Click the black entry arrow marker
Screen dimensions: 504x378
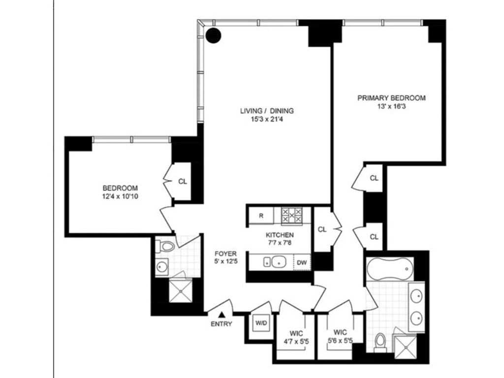coord(221,315)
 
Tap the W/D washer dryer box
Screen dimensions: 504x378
coord(261,323)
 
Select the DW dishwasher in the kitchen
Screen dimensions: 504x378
coord(302,263)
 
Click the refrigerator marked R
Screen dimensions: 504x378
coord(261,216)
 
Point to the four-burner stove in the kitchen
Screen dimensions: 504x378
coord(292,216)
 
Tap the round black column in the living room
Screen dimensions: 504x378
coord(214,35)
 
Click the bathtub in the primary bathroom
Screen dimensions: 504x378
coord(389,269)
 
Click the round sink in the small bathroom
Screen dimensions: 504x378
coord(161,266)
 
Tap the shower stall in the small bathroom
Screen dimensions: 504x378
coord(181,291)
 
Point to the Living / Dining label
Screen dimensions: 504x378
coord(267,111)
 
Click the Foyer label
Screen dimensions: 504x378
coord(225,253)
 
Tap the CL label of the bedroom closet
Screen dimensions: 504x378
coord(182,182)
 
